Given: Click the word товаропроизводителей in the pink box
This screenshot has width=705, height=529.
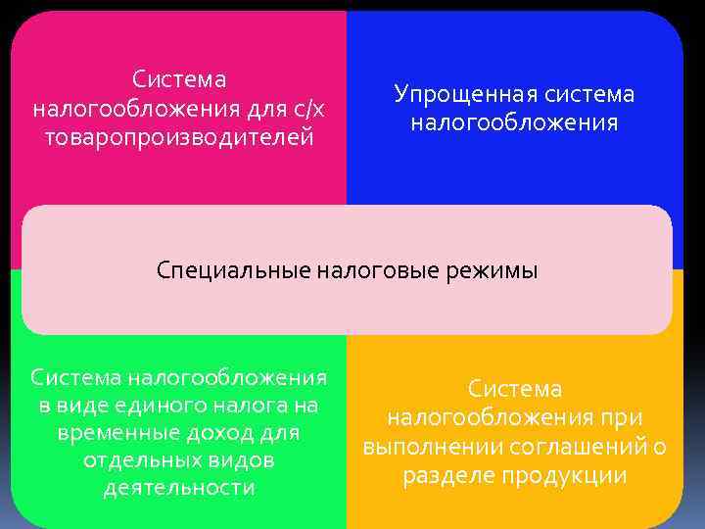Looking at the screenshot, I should click(x=179, y=136).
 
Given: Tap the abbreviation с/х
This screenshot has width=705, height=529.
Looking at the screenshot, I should click(x=307, y=107).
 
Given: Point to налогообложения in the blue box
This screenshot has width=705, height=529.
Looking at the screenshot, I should click(x=514, y=123).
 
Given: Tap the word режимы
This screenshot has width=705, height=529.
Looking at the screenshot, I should click(x=495, y=270).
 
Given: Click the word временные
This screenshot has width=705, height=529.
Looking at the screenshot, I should click(x=119, y=432).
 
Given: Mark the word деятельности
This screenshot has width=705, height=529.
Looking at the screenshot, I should click(x=179, y=488).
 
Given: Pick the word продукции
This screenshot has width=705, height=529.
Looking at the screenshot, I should click(x=564, y=476).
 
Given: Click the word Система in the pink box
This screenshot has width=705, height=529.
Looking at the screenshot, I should click(x=179, y=78).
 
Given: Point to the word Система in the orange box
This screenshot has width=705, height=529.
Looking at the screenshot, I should click(x=514, y=389).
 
